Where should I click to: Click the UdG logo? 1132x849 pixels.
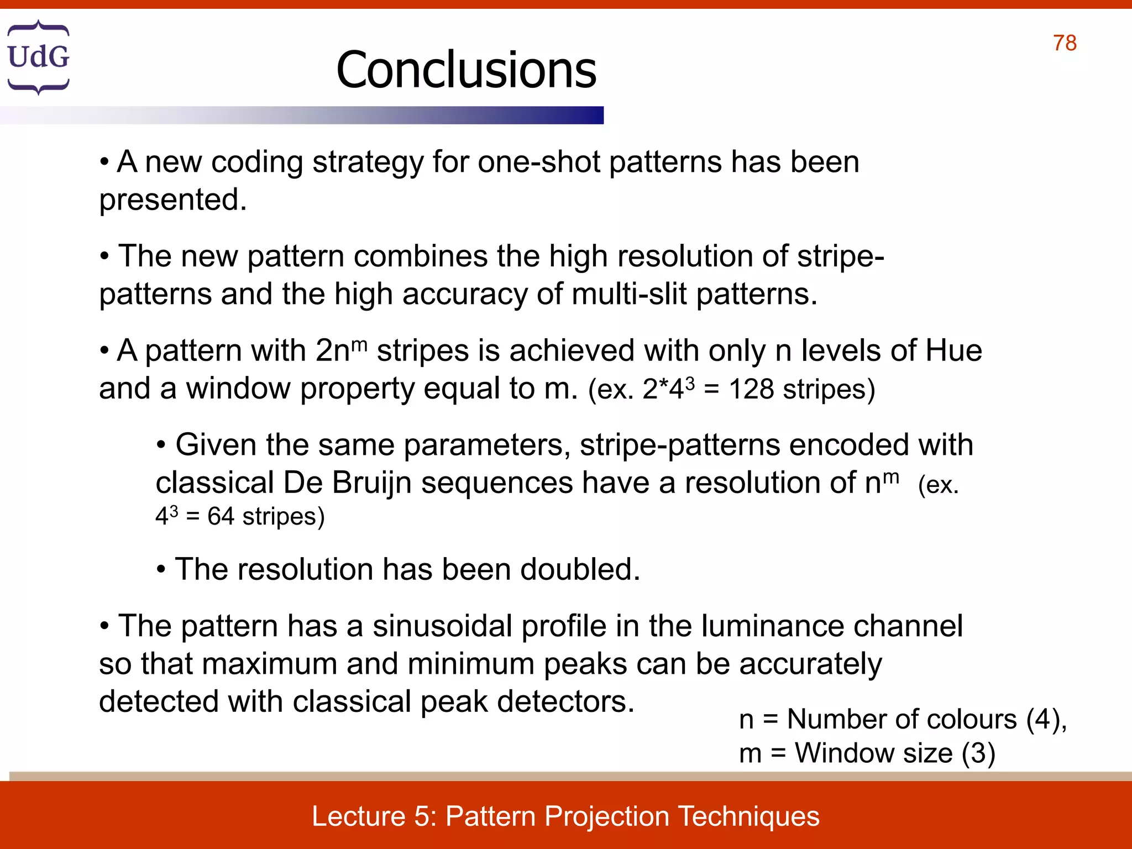38,57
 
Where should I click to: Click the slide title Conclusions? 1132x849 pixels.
466,70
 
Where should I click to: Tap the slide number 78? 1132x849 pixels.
1065,43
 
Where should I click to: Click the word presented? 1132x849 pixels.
172,200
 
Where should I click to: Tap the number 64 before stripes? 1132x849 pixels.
221,517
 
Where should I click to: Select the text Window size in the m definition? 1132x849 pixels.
874,753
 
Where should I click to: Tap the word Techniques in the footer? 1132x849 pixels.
748,816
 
